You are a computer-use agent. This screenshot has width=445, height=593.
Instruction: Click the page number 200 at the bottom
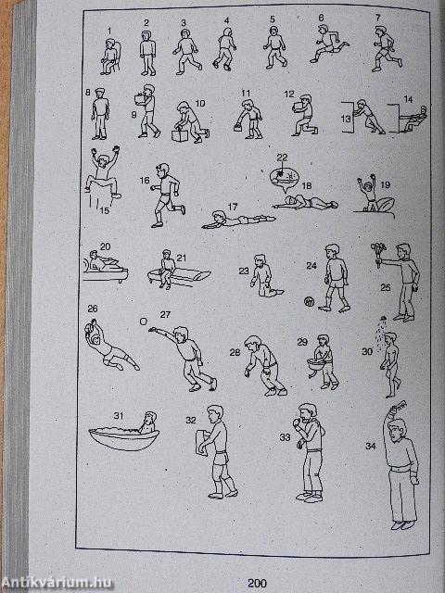(257, 583)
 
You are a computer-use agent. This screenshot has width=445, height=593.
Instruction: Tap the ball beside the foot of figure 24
(309, 302)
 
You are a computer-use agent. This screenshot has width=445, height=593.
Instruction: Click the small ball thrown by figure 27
(144, 321)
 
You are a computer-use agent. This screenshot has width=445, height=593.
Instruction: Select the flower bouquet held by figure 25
(378, 252)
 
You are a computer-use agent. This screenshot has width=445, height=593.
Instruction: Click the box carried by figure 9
(140, 99)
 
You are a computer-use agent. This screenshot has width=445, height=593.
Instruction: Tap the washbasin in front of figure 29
(316, 365)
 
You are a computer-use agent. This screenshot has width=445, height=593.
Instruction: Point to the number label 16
(145, 180)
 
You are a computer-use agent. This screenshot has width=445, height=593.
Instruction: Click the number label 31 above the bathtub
(119, 416)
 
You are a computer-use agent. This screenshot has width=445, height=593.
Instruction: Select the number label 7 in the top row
(377, 18)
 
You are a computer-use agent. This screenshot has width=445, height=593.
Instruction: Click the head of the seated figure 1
(110, 43)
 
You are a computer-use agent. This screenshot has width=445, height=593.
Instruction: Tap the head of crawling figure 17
(218, 216)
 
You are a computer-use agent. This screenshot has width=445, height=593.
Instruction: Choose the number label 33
(285, 437)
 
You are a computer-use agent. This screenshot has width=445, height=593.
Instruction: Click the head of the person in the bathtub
(150, 418)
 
